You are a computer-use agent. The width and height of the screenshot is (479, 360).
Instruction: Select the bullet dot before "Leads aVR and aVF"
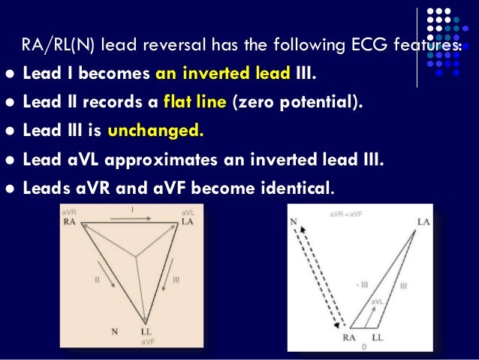point(9,185)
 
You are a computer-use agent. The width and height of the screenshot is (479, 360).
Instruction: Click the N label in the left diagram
point(114,331)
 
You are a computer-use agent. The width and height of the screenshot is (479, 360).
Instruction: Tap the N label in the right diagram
point(294,222)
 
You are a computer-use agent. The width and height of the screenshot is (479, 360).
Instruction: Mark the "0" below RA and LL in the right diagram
point(362,348)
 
